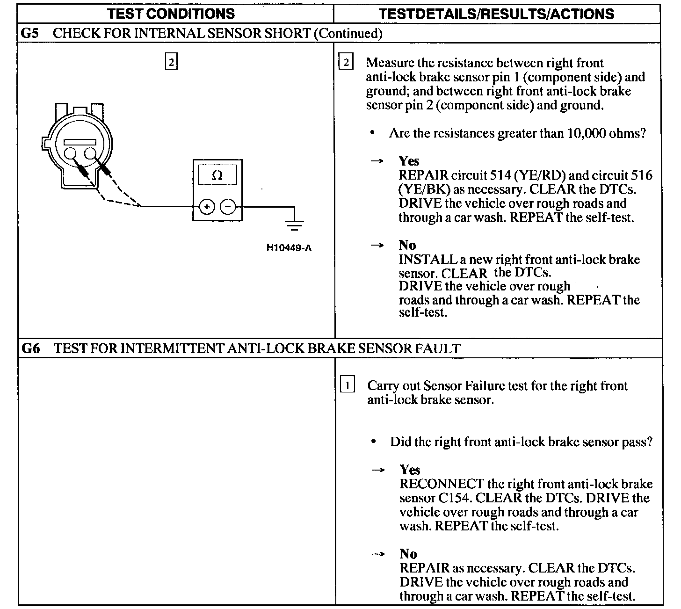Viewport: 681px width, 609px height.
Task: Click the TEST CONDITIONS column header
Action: click(171, 14)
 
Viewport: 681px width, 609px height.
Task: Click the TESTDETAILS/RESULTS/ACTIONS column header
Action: click(497, 14)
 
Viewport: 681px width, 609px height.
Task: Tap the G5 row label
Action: click(30, 33)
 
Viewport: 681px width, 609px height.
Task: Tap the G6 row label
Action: click(30, 348)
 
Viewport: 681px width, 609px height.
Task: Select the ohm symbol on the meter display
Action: click(217, 176)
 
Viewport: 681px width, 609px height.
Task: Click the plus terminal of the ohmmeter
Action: click(207, 206)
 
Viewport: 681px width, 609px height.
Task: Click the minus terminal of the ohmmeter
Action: click(228, 206)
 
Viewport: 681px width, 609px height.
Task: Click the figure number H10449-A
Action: click(289, 247)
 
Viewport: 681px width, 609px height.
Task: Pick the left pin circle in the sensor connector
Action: click(71, 153)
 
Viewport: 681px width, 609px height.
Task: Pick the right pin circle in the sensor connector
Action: click(90, 153)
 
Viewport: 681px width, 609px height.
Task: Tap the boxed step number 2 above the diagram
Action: click(171, 62)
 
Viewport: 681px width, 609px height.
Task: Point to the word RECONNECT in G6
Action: click(442, 484)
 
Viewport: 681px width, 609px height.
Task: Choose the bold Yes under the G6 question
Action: click(410, 470)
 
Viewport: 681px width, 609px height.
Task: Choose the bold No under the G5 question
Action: click(407, 245)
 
